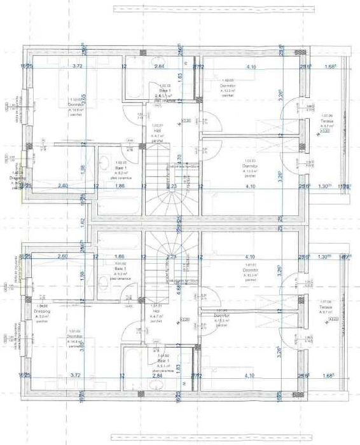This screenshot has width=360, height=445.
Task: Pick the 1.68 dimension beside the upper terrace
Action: (x=329, y=66)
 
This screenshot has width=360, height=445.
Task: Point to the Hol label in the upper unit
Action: (x=157, y=130)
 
